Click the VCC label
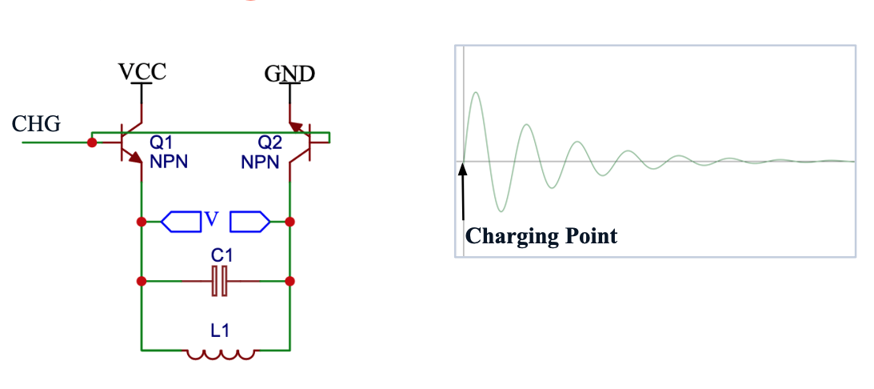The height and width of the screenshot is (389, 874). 142,71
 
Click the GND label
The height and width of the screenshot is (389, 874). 289,74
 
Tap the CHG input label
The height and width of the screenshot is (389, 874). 37,124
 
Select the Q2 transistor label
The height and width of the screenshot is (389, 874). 269,142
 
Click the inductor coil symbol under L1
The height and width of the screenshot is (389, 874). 220,353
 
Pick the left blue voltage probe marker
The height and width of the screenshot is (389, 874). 181,221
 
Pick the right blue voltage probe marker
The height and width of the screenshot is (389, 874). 249,221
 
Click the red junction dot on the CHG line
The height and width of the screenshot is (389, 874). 92,142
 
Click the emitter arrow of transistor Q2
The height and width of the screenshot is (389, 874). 298,127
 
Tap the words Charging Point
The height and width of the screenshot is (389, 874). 541,236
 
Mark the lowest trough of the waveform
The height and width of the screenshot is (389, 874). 501,211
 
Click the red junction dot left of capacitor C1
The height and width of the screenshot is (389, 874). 142,282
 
